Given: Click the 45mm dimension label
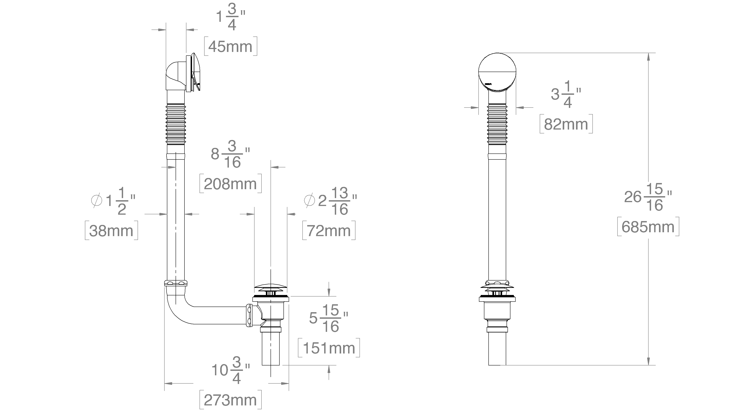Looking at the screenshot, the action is pyautogui.click(x=230, y=46).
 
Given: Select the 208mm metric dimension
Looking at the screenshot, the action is pyautogui.click(x=230, y=184).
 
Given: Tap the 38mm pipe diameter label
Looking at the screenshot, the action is pyautogui.click(x=111, y=231).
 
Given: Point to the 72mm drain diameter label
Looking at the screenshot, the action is pyautogui.click(x=329, y=231).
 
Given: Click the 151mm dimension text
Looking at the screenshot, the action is pyautogui.click(x=329, y=348).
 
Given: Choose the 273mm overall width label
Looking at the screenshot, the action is pyautogui.click(x=230, y=400).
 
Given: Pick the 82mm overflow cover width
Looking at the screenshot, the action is pyautogui.click(x=566, y=124).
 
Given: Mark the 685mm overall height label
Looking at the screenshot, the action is pyautogui.click(x=648, y=227).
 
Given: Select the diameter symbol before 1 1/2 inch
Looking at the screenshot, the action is pyautogui.click(x=97, y=200).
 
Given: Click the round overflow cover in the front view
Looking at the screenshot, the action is pyautogui.click(x=497, y=72).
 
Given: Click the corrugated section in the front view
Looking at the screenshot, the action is pyautogui.click(x=497, y=124).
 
